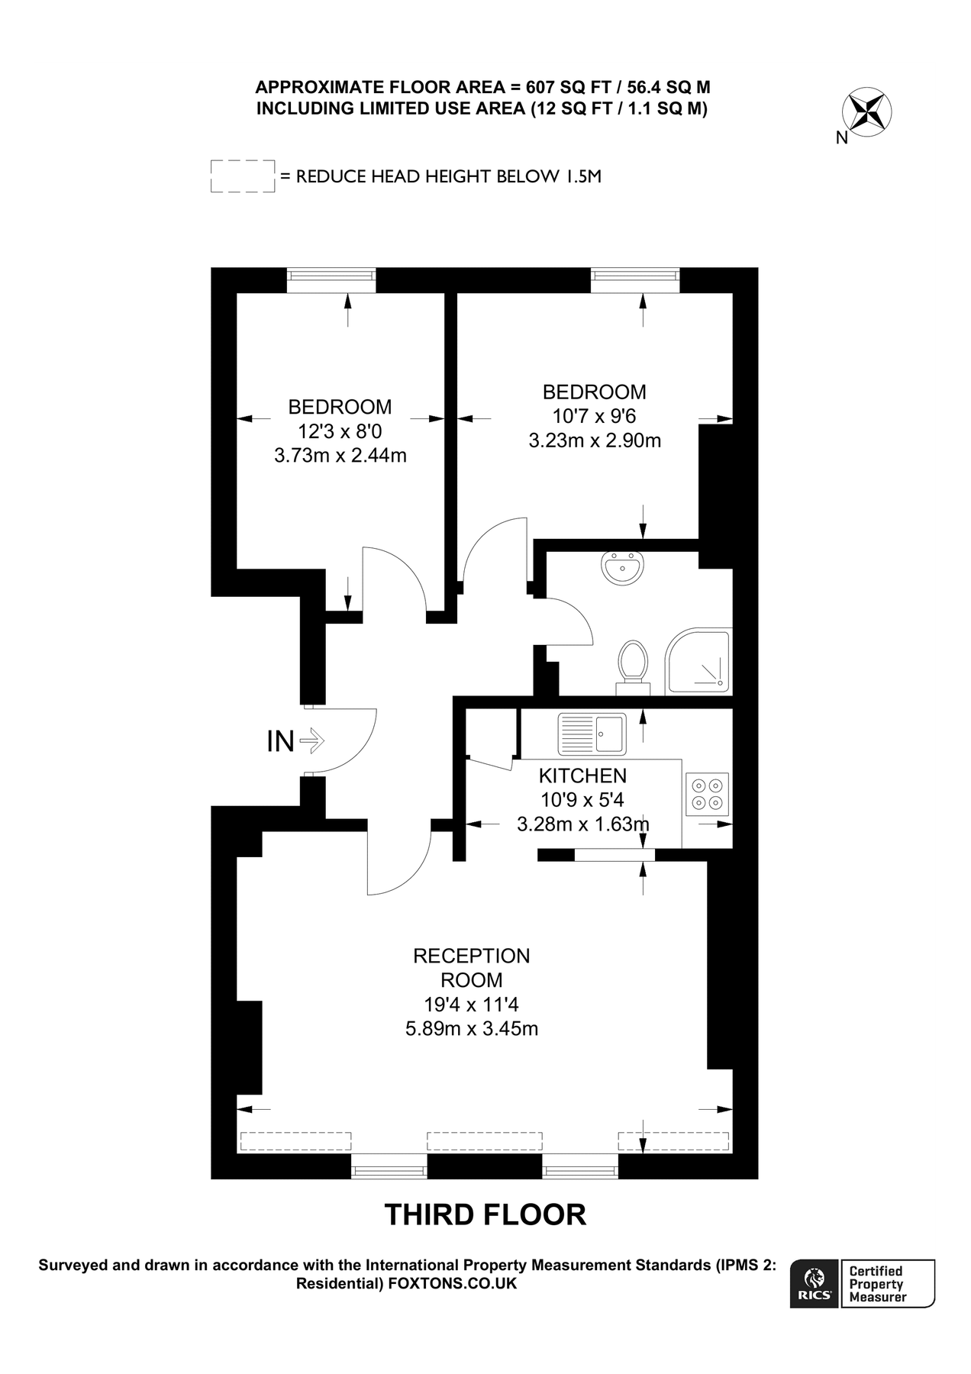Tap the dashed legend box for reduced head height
[x=242, y=176]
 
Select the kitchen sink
[x=592, y=734]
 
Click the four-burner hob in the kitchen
[x=707, y=794]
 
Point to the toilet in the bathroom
[x=633, y=664]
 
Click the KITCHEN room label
[x=582, y=776]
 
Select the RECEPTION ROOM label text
[x=471, y=967]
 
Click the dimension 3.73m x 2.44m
[x=340, y=456]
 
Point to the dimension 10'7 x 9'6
[x=594, y=416]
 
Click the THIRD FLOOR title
[x=485, y=1214]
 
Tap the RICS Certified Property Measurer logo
[x=863, y=1283]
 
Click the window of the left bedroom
[x=331, y=279]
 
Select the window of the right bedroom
[x=635, y=279]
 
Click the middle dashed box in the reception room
[x=485, y=1140]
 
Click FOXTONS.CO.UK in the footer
[x=453, y=1284]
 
